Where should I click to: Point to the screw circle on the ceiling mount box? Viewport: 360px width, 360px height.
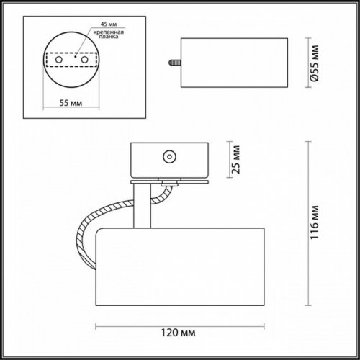click(170, 154)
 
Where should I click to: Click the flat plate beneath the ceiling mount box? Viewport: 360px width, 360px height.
click(171, 181)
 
